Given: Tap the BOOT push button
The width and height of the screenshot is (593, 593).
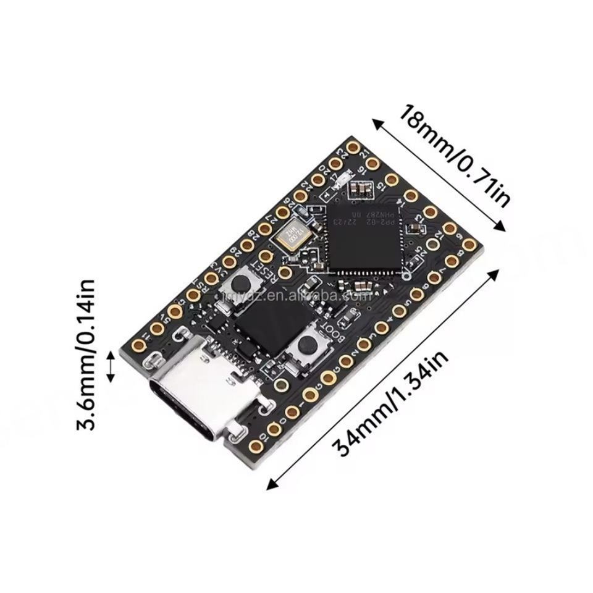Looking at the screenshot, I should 305,347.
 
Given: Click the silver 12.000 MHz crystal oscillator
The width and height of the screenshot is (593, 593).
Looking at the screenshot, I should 291,235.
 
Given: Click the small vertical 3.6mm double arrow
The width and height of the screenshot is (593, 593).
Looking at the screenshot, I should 112,366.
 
